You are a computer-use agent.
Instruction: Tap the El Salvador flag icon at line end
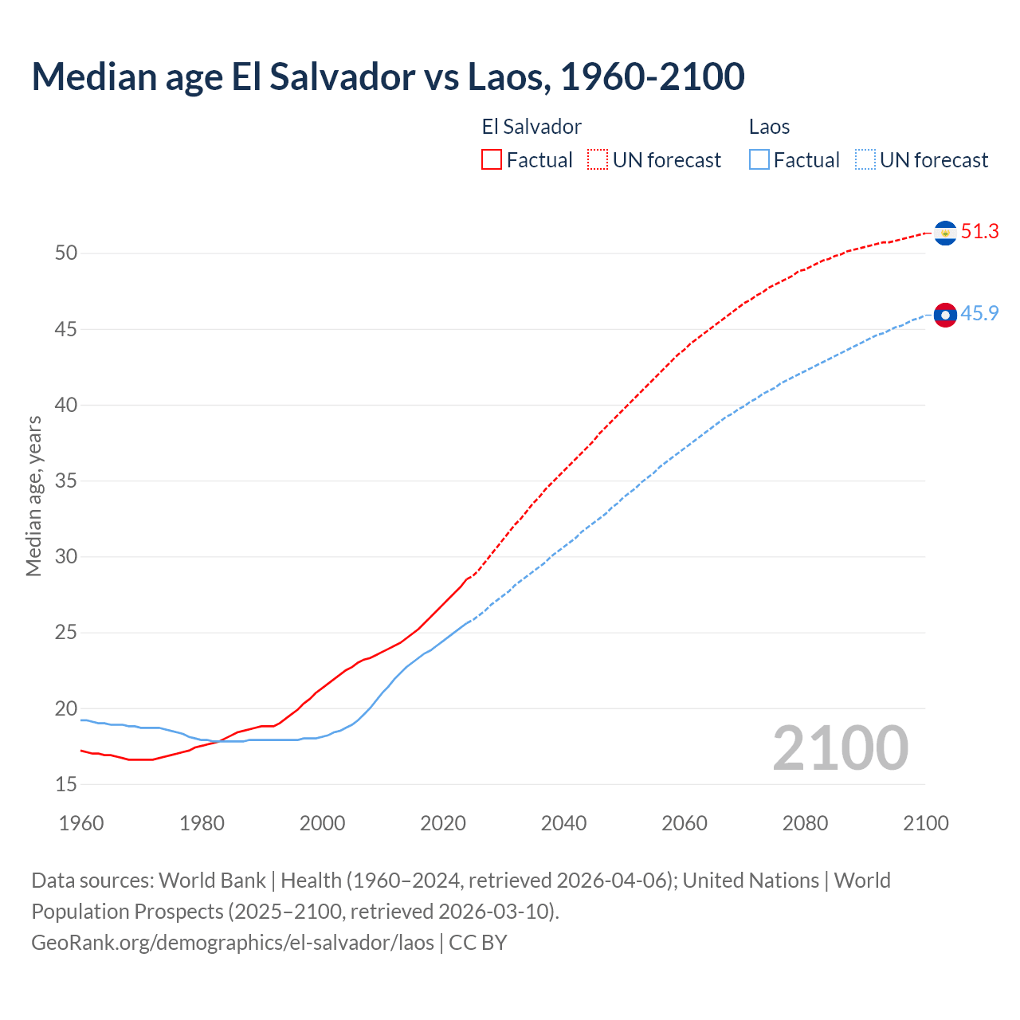point(945,233)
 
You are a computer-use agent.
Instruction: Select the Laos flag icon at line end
point(945,316)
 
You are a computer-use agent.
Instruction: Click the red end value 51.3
point(979,232)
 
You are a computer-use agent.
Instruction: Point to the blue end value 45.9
point(979,314)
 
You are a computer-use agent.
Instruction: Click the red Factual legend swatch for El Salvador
point(492,160)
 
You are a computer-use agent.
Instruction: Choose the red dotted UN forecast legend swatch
point(598,160)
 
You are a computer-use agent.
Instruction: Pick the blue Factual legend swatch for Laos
point(759,160)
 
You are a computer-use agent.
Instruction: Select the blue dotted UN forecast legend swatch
point(865,160)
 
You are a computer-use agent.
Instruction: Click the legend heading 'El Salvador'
point(532,127)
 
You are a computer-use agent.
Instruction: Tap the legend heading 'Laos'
point(769,127)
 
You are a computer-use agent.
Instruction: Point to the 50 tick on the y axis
point(66,253)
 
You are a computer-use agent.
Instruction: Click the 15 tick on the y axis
point(66,785)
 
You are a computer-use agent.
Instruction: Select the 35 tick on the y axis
point(66,481)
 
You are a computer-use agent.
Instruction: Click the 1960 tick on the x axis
point(81,823)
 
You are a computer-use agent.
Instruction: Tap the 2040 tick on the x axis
point(563,823)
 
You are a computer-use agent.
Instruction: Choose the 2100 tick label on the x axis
point(925,823)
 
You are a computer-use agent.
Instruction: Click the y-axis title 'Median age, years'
point(33,496)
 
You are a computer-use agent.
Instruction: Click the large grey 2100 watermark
point(840,748)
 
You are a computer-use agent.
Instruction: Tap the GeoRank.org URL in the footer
point(233,942)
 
